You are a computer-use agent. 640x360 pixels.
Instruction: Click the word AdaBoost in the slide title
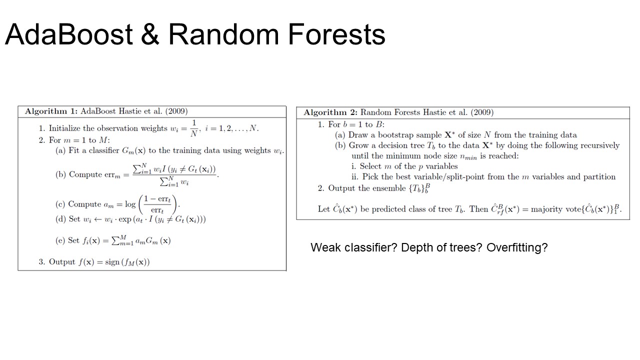(69, 34)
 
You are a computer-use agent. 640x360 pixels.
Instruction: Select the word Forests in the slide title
(336, 34)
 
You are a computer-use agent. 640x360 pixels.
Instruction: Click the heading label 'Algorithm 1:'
(51, 111)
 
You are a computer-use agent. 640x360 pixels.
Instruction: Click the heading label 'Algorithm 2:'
(330, 112)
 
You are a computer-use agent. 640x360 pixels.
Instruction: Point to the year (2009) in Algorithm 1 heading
(176, 111)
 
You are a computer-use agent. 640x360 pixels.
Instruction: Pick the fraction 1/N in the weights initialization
(194, 128)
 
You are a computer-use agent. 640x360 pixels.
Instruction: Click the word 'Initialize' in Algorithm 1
(64, 128)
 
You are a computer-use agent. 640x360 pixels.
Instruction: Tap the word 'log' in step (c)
(130, 204)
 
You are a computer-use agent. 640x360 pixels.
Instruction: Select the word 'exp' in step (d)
(124, 219)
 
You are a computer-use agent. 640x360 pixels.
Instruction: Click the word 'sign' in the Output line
(112, 262)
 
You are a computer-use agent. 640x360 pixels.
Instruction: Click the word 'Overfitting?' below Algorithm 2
(517, 247)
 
